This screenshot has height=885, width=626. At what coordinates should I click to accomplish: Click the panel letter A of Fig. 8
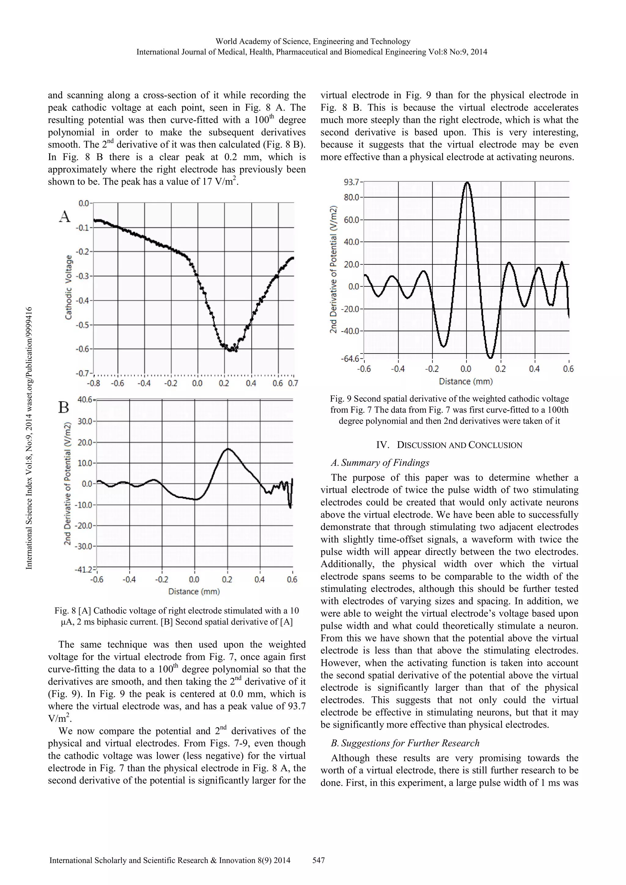[65, 217]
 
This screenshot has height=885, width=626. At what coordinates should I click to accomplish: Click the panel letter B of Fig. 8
[64, 407]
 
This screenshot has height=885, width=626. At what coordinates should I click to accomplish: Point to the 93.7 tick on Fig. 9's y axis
[351, 182]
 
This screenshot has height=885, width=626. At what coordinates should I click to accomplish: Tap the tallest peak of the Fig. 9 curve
[467, 183]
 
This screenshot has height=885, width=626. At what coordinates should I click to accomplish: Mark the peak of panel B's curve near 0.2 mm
[228, 449]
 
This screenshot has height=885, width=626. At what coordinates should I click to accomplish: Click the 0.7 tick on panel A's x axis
[293, 384]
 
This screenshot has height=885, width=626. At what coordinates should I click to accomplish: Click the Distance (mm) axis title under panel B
[194, 592]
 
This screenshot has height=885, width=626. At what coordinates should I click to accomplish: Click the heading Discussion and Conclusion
[449, 445]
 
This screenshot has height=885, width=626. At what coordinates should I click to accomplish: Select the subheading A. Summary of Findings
[380, 463]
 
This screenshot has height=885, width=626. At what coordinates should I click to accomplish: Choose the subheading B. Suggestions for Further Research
[405, 743]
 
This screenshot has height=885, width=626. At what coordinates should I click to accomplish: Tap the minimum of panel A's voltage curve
[230, 350]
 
